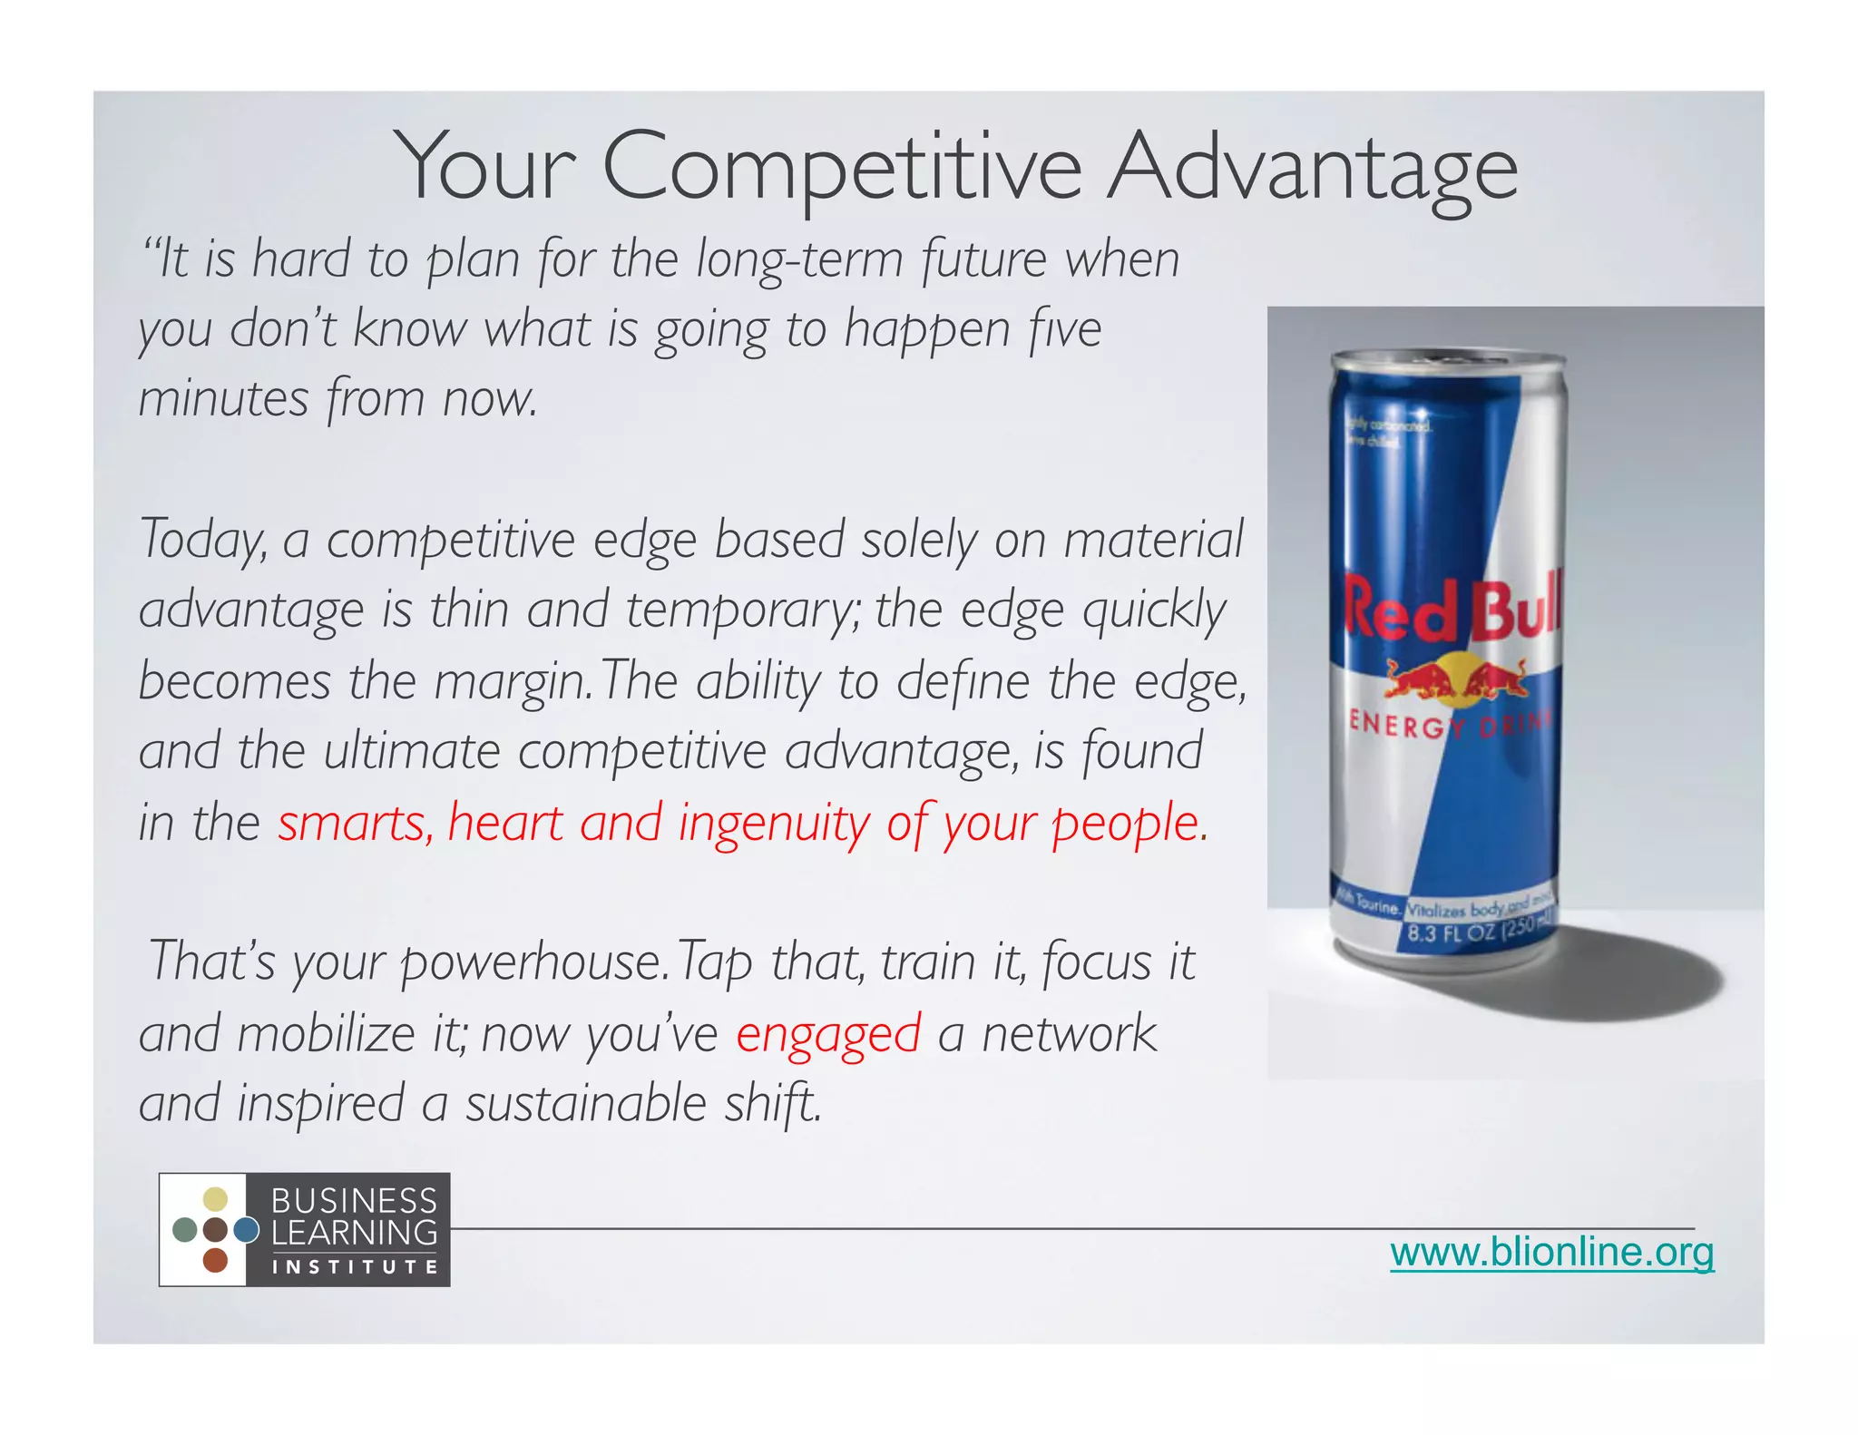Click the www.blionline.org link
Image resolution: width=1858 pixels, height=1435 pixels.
[1551, 1253]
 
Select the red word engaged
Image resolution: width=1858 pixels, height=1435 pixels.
[828, 1035]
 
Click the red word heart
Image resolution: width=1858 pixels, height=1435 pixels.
[505, 824]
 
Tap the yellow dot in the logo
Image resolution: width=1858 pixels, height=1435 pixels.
[215, 1199]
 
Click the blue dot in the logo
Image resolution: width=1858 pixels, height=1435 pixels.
[246, 1230]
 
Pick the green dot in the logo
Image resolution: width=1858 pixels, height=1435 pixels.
[184, 1230]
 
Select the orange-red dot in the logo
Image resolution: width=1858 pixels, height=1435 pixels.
[215, 1260]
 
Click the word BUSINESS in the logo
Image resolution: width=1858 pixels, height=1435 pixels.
[354, 1201]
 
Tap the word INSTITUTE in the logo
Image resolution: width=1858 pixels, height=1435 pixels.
[355, 1267]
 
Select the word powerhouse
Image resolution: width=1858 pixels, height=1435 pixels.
[533, 963]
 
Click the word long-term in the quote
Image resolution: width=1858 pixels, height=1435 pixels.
[799, 260]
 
